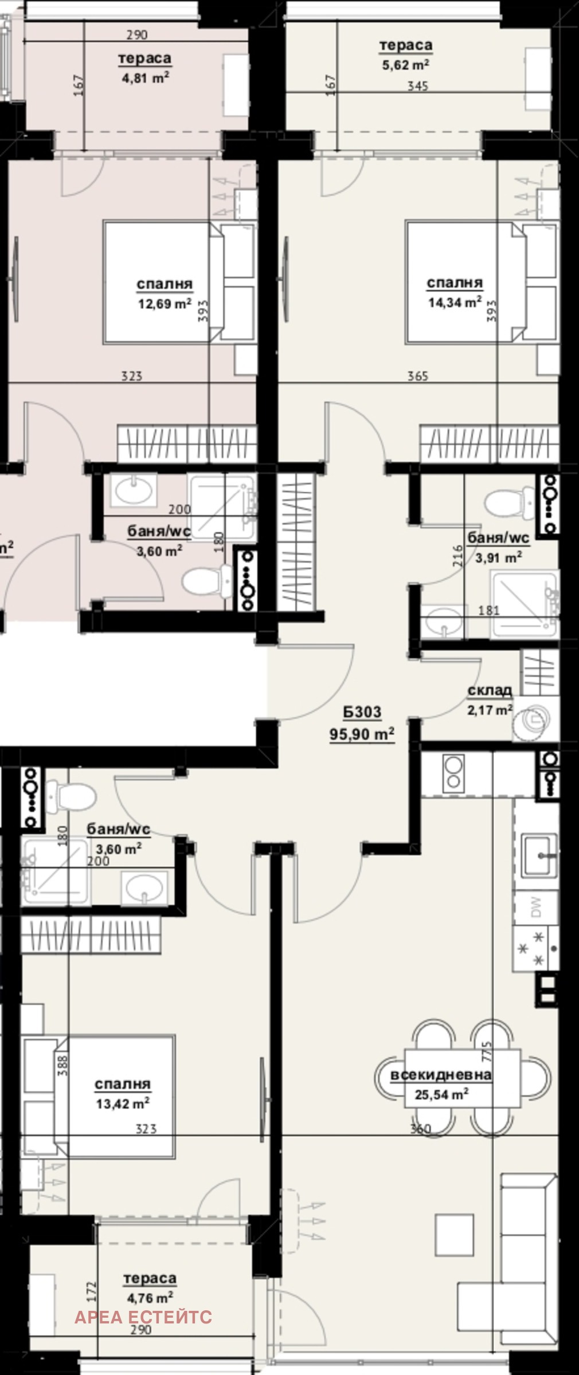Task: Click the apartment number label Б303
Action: point(362,712)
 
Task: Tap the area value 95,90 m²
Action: point(362,734)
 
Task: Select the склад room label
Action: point(490,691)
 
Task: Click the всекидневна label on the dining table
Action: point(441,1075)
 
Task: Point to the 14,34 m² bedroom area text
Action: point(455,302)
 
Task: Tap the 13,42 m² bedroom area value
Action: point(123,1103)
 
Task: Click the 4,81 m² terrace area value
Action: point(145,78)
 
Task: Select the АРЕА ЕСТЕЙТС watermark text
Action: point(143,1297)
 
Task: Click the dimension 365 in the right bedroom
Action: point(417,376)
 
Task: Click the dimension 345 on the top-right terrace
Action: point(418,86)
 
